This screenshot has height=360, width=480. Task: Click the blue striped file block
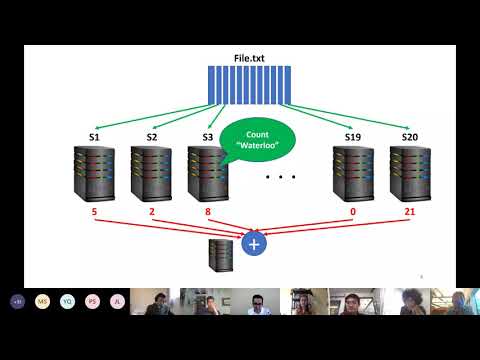[248, 85]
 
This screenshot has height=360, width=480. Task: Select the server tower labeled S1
[95, 174]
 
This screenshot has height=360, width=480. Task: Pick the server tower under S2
[152, 174]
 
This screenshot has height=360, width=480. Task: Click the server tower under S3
[207, 174]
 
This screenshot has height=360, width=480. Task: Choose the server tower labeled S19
[352, 174]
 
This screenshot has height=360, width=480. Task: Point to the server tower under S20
[408, 174]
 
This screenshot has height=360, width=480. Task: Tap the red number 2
[151, 213]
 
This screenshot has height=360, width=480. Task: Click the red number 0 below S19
[352, 213]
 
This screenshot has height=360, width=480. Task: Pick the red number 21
[409, 213]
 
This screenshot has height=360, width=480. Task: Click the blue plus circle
[254, 243]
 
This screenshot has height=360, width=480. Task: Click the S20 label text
[409, 136]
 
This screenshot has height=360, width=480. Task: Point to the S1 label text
[94, 136]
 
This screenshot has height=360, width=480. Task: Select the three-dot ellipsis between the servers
[281, 178]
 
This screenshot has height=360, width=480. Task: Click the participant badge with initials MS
[42, 301]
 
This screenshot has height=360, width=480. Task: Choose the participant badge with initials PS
[92, 301]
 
